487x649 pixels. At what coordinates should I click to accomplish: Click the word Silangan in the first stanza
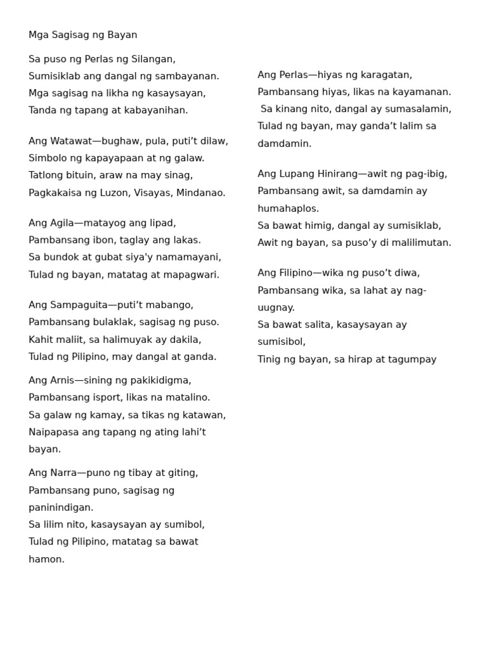coord(153,59)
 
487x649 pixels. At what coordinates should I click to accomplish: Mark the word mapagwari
coord(190,274)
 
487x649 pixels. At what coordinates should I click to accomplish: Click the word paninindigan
coord(61,507)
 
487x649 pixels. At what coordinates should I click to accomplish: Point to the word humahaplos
coord(288,209)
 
